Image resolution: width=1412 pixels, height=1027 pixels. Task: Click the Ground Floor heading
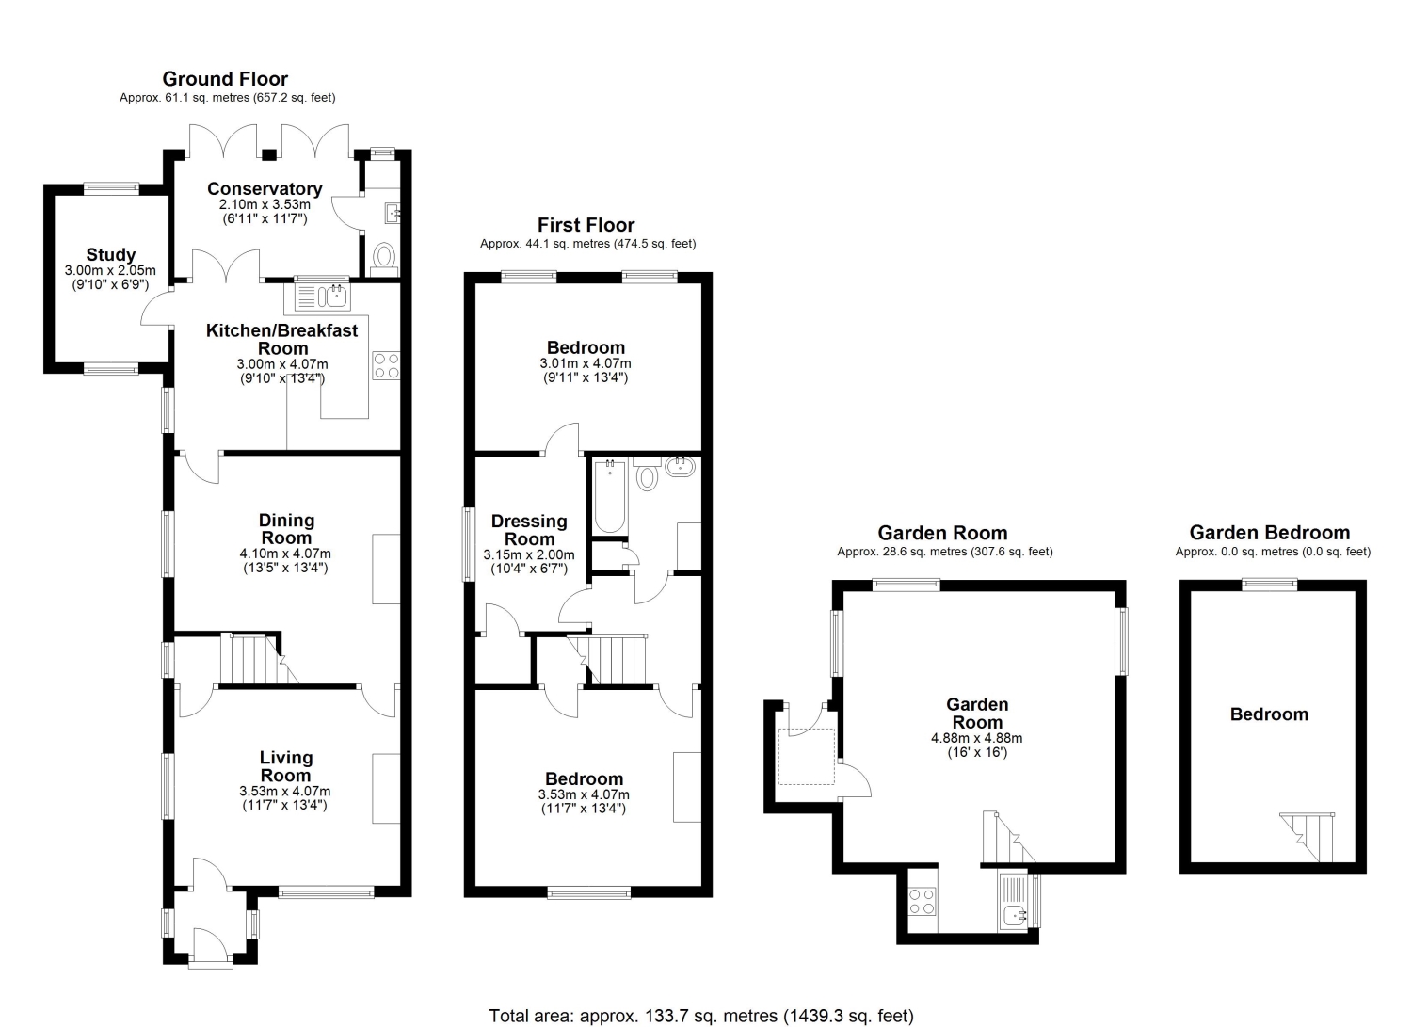point(225,79)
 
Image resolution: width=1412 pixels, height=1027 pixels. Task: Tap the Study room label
point(111,255)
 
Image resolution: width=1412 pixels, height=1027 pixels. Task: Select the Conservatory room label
point(265,188)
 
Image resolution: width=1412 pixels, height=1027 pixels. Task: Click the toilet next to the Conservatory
point(384,261)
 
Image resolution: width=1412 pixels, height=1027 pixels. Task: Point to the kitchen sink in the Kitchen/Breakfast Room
point(322,297)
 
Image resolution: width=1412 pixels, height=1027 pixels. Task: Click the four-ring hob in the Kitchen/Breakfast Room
point(386,365)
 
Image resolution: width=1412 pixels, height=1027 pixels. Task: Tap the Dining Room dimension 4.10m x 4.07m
point(285,554)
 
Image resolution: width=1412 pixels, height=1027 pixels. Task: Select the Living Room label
point(285,766)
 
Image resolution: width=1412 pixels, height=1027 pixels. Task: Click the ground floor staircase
point(259,660)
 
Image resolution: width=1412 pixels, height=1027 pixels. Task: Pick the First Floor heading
point(586,225)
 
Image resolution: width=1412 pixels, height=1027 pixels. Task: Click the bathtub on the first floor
point(610,497)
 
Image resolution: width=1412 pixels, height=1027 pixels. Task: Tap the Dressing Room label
point(529,530)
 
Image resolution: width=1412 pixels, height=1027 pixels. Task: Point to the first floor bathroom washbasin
point(680,467)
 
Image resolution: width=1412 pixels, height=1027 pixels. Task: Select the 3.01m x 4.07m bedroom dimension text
point(585,363)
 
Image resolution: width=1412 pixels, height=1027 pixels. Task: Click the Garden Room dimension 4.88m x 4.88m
point(976,738)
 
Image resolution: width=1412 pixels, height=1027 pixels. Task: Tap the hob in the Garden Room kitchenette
point(923,901)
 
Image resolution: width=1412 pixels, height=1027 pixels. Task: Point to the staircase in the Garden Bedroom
point(1308,837)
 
